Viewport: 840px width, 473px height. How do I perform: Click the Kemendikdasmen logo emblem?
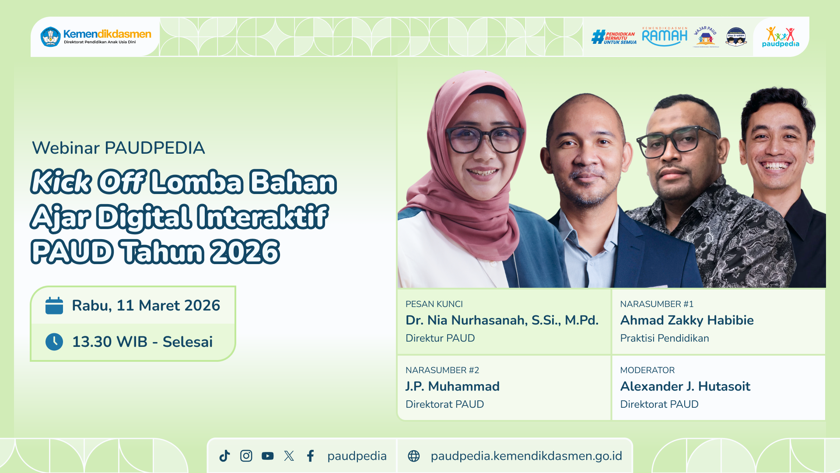coord(51,37)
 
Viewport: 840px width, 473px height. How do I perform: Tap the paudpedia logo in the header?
coord(780,37)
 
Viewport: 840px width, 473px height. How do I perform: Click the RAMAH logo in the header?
coord(665,36)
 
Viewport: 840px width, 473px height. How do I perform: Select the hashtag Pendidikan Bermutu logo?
coord(613,37)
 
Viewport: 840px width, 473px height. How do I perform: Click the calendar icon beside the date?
coord(54,306)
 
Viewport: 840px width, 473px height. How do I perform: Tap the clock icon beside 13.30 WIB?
coord(54,342)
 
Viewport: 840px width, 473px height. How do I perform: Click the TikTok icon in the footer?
coord(224,456)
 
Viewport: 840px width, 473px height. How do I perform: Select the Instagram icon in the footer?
coord(246,456)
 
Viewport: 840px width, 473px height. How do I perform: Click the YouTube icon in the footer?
coord(267,456)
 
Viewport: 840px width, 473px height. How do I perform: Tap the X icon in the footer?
coord(289,456)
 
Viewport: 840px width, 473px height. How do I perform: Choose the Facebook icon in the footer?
coord(310,456)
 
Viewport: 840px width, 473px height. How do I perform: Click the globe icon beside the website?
coord(413,456)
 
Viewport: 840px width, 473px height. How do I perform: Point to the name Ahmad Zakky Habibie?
coord(686,320)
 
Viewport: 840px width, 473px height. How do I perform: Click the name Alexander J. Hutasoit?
coord(685,386)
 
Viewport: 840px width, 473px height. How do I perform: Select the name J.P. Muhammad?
coord(452,386)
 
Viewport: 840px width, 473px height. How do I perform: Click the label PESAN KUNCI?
coord(434,304)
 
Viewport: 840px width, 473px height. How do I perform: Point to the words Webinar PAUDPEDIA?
coord(118,148)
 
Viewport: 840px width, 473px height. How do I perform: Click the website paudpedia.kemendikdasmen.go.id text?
coord(526,456)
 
